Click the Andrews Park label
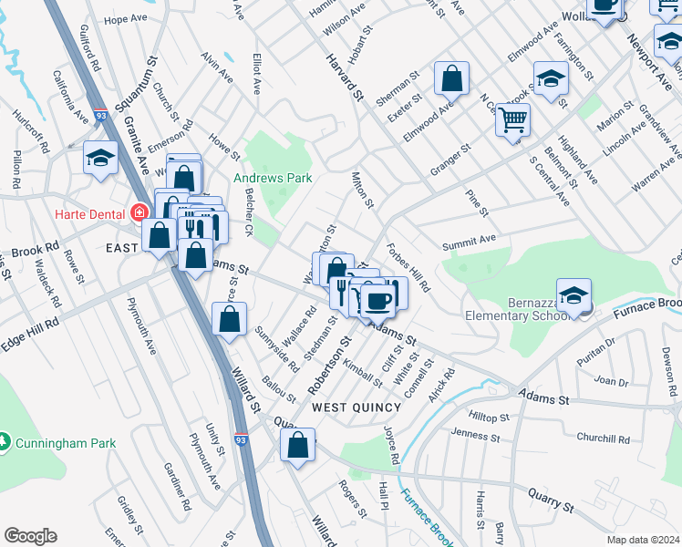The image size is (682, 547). pyautogui.click(x=273, y=178)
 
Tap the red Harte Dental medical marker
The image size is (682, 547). pyautogui.click(x=139, y=213)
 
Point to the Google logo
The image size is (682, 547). pyautogui.click(x=30, y=536)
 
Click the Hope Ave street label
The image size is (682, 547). pyautogui.click(x=126, y=19)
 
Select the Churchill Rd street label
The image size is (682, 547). pyautogui.click(x=604, y=439)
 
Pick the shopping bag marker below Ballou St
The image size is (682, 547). pyautogui.click(x=297, y=445)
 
